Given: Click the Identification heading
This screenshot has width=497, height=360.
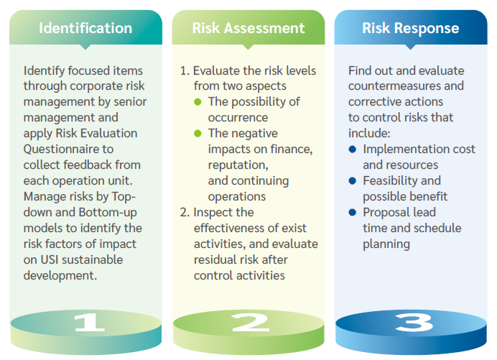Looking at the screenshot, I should click(x=85, y=29).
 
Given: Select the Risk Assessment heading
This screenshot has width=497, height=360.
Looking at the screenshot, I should click(x=249, y=29).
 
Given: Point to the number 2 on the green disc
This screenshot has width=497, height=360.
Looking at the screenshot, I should click(x=249, y=323).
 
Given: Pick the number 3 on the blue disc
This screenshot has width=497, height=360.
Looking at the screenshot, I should click(x=412, y=323).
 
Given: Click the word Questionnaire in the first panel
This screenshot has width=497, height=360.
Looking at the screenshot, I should click(x=61, y=149).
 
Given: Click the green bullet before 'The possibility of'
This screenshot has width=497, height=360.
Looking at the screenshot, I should click(x=198, y=102).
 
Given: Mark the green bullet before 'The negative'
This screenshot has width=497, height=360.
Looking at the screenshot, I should click(x=198, y=134).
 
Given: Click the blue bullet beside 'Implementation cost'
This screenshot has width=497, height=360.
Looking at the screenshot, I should click(x=353, y=149).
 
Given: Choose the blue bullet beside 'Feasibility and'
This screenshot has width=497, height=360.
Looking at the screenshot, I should click(x=353, y=180).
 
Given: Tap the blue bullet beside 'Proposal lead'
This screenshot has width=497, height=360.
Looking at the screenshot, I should click(x=353, y=213).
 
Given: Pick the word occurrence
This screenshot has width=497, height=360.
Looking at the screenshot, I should click(x=238, y=118).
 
